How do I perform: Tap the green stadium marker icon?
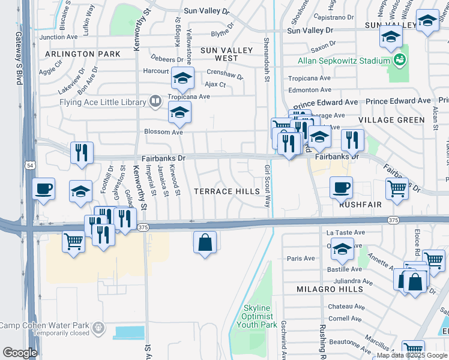pyautogui.click(x=398, y=60)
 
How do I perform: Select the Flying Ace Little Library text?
pyautogui.click(x=102, y=102)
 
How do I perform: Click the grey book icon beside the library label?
pyautogui.click(x=155, y=101)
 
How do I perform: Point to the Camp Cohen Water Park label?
pyautogui.click(x=44, y=326)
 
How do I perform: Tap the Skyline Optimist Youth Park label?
pyautogui.click(x=259, y=316)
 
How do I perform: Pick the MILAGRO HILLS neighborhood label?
pyautogui.click(x=330, y=289)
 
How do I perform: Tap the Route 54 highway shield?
pyautogui.click(x=29, y=165)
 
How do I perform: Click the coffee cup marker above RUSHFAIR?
pyautogui.click(x=341, y=187)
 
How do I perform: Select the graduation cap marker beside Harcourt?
pyautogui.click(x=182, y=77)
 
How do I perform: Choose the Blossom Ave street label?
pyautogui.click(x=163, y=132)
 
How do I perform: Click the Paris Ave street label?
pyautogui.click(x=301, y=259)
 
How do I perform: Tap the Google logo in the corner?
pyautogui.click(x=20, y=353)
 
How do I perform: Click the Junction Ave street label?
pyautogui.click(x=59, y=37)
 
